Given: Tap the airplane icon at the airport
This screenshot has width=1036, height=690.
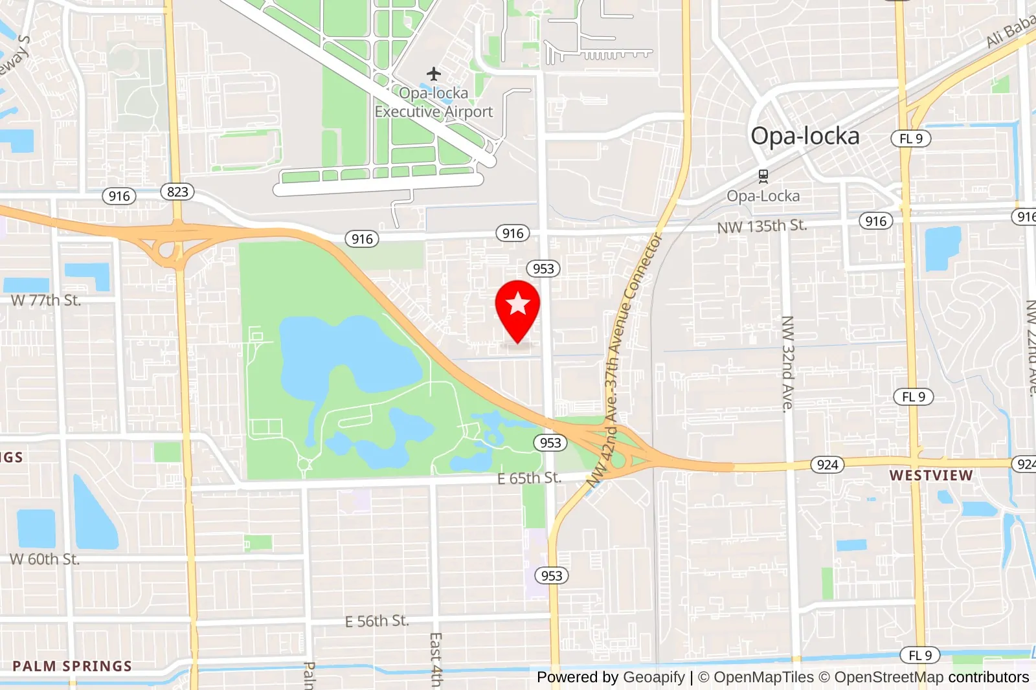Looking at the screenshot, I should pyautogui.click(x=434, y=74).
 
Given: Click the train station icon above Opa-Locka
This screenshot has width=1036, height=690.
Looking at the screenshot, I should pyautogui.click(x=763, y=176).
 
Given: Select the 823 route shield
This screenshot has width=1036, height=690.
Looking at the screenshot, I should pyautogui.click(x=177, y=192).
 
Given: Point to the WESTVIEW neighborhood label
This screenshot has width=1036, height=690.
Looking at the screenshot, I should pyautogui.click(x=930, y=475).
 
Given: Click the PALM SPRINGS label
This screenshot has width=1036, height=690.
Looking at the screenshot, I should pyautogui.click(x=72, y=666).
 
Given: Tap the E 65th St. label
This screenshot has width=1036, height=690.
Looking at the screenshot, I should pyautogui.click(x=528, y=478).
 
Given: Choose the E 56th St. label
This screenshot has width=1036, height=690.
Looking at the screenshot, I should pyautogui.click(x=377, y=621).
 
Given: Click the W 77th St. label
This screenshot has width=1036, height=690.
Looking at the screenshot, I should pyautogui.click(x=46, y=300).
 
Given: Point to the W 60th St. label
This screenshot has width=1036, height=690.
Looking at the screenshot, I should pyautogui.click(x=45, y=559).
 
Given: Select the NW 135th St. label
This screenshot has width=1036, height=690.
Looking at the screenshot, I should pyautogui.click(x=761, y=227).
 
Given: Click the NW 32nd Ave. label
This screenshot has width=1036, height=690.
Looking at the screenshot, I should pyautogui.click(x=787, y=364).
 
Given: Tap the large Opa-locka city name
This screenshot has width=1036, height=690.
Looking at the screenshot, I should pyautogui.click(x=805, y=136).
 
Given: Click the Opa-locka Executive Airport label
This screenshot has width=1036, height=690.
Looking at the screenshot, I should pyautogui.click(x=434, y=102).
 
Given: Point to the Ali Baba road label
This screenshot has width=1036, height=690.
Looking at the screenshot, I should pyautogui.click(x=1011, y=31).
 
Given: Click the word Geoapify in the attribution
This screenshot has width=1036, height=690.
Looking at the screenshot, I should pyautogui.click(x=653, y=677).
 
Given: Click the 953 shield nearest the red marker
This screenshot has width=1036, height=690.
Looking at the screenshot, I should pyautogui.click(x=543, y=269).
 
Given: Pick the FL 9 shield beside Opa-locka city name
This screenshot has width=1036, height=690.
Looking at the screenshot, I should pyautogui.click(x=910, y=139).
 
